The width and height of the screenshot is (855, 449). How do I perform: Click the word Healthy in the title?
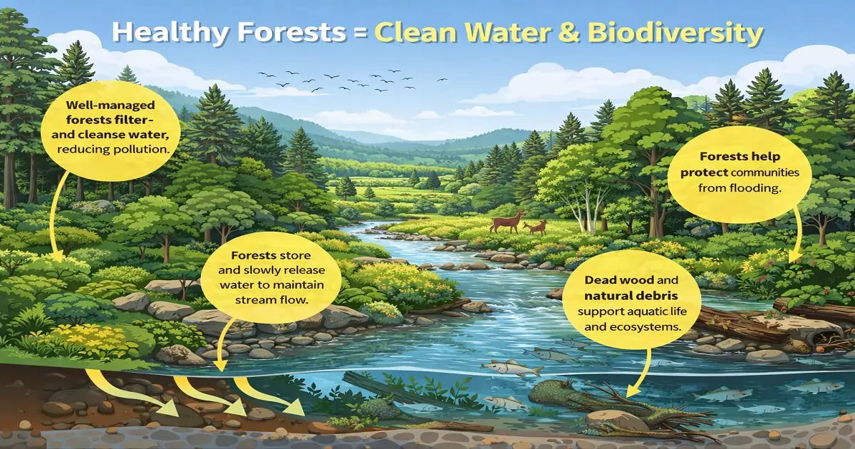pos(161,34)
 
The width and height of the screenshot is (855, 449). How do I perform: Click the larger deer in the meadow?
pos(507,221)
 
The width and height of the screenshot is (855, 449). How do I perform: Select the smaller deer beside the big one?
pos(536,227)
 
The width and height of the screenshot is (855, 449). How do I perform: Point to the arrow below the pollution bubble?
pos(56,214)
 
